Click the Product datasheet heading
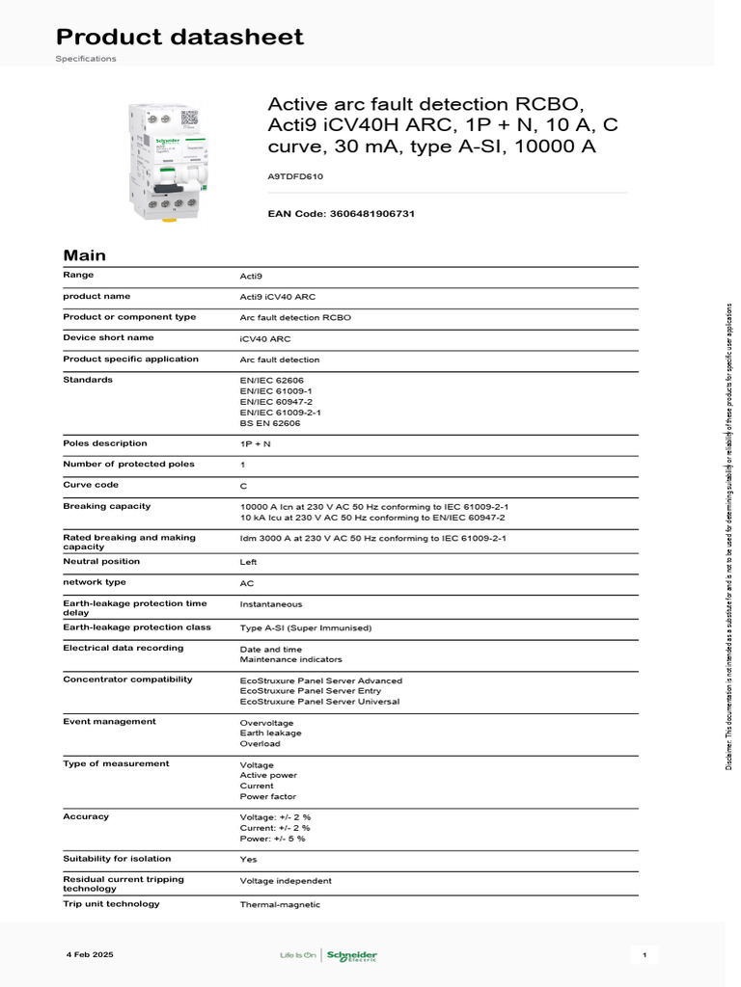179,38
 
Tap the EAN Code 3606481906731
341,213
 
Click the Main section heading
84,255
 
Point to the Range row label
78,276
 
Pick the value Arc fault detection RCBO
295,317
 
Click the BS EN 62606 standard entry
270,422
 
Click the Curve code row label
91,485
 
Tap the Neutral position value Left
248,561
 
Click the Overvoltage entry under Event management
266,722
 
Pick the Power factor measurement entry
267,796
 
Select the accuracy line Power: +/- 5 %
272,839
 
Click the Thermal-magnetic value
280,905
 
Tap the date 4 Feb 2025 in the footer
90,954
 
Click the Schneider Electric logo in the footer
351,955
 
